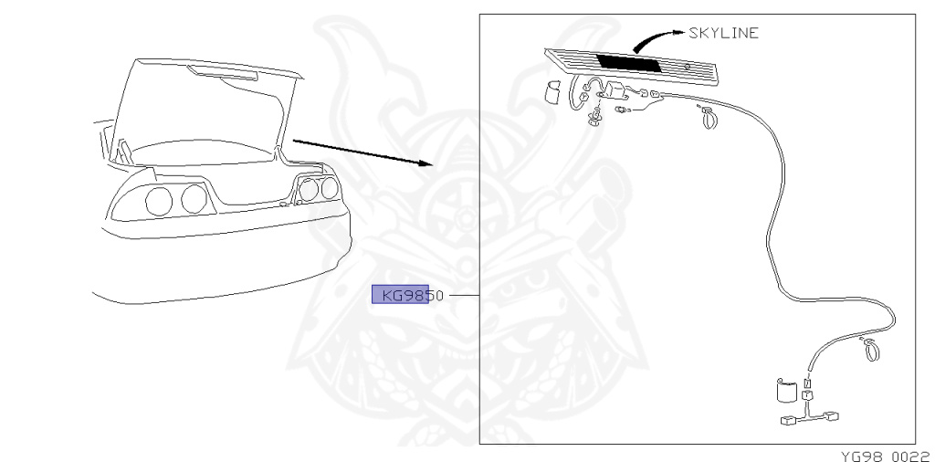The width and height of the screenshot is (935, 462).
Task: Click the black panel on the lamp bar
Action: pos(629,64)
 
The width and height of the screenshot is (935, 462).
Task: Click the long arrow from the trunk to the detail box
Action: pos(361,152)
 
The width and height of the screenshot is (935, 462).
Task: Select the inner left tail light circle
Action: pos(193,198)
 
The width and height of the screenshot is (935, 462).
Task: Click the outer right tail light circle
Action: pos(329,189)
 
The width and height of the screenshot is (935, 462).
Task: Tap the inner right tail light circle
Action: pos(310,191)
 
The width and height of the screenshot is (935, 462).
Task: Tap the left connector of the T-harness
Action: pos(789,421)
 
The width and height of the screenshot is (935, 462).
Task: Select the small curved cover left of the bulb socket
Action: pos(552,92)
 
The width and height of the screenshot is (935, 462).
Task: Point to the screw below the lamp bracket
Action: pos(596,119)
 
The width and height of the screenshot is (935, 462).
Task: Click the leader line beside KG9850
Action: pos(463,296)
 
